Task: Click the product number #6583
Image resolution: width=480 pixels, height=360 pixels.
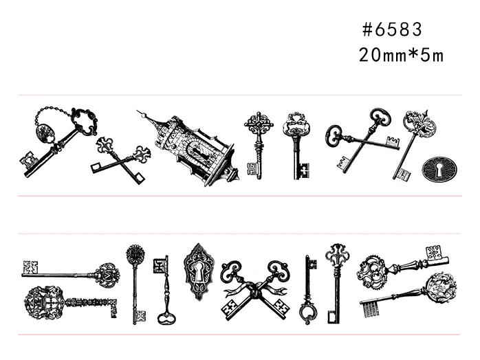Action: (x=392, y=30)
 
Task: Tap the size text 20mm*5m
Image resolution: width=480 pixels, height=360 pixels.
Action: (x=401, y=56)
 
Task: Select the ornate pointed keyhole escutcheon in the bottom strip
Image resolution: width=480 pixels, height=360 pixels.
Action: (x=199, y=271)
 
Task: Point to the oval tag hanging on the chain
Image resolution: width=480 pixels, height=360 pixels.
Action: (x=45, y=133)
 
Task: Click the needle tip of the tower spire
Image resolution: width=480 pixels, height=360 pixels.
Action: (x=138, y=111)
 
